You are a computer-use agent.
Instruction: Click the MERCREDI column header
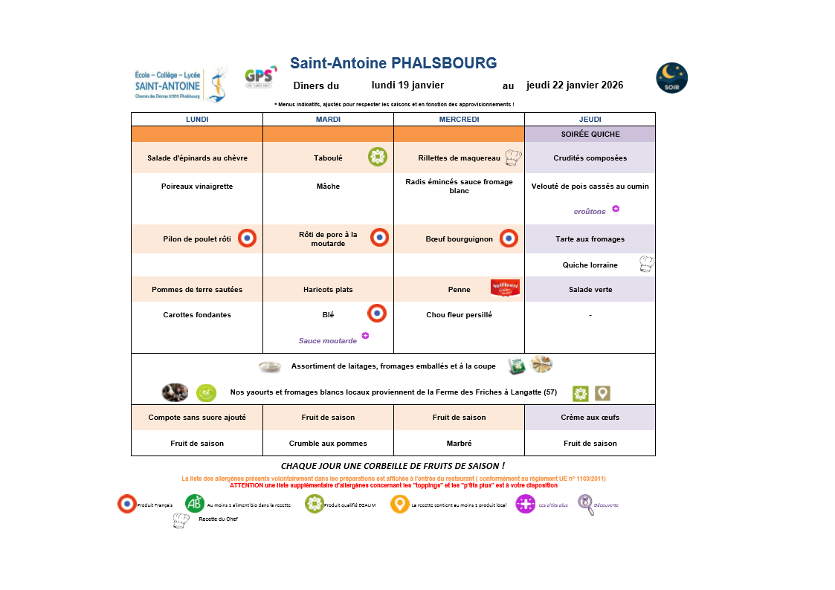coord(459,119)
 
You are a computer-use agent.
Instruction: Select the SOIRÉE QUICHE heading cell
coord(590,134)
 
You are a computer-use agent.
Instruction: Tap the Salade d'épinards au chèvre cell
coord(197,158)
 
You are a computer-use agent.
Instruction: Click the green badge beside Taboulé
coord(377,157)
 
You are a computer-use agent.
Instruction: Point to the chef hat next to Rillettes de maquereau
coord(514,158)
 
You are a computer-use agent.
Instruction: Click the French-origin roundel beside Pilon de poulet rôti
coord(247,239)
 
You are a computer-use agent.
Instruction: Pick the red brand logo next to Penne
coord(505,288)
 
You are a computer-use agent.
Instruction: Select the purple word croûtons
coord(590,212)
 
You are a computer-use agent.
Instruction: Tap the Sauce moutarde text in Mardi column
coord(328,341)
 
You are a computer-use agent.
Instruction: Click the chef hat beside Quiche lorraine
coord(647,264)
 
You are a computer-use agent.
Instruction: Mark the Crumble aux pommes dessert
coord(328,444)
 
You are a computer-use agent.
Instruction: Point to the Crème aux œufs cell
coord(590,418)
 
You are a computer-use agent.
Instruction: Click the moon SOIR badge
coord(671,78)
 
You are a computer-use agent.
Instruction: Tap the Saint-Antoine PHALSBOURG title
coord(393,63)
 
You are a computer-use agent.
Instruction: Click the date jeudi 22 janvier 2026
coord(575,85)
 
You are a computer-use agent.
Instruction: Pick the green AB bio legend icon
coord(195,504)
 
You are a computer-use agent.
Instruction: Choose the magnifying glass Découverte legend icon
coord(586,505)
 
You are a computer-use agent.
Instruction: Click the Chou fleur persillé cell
coord(459,315)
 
